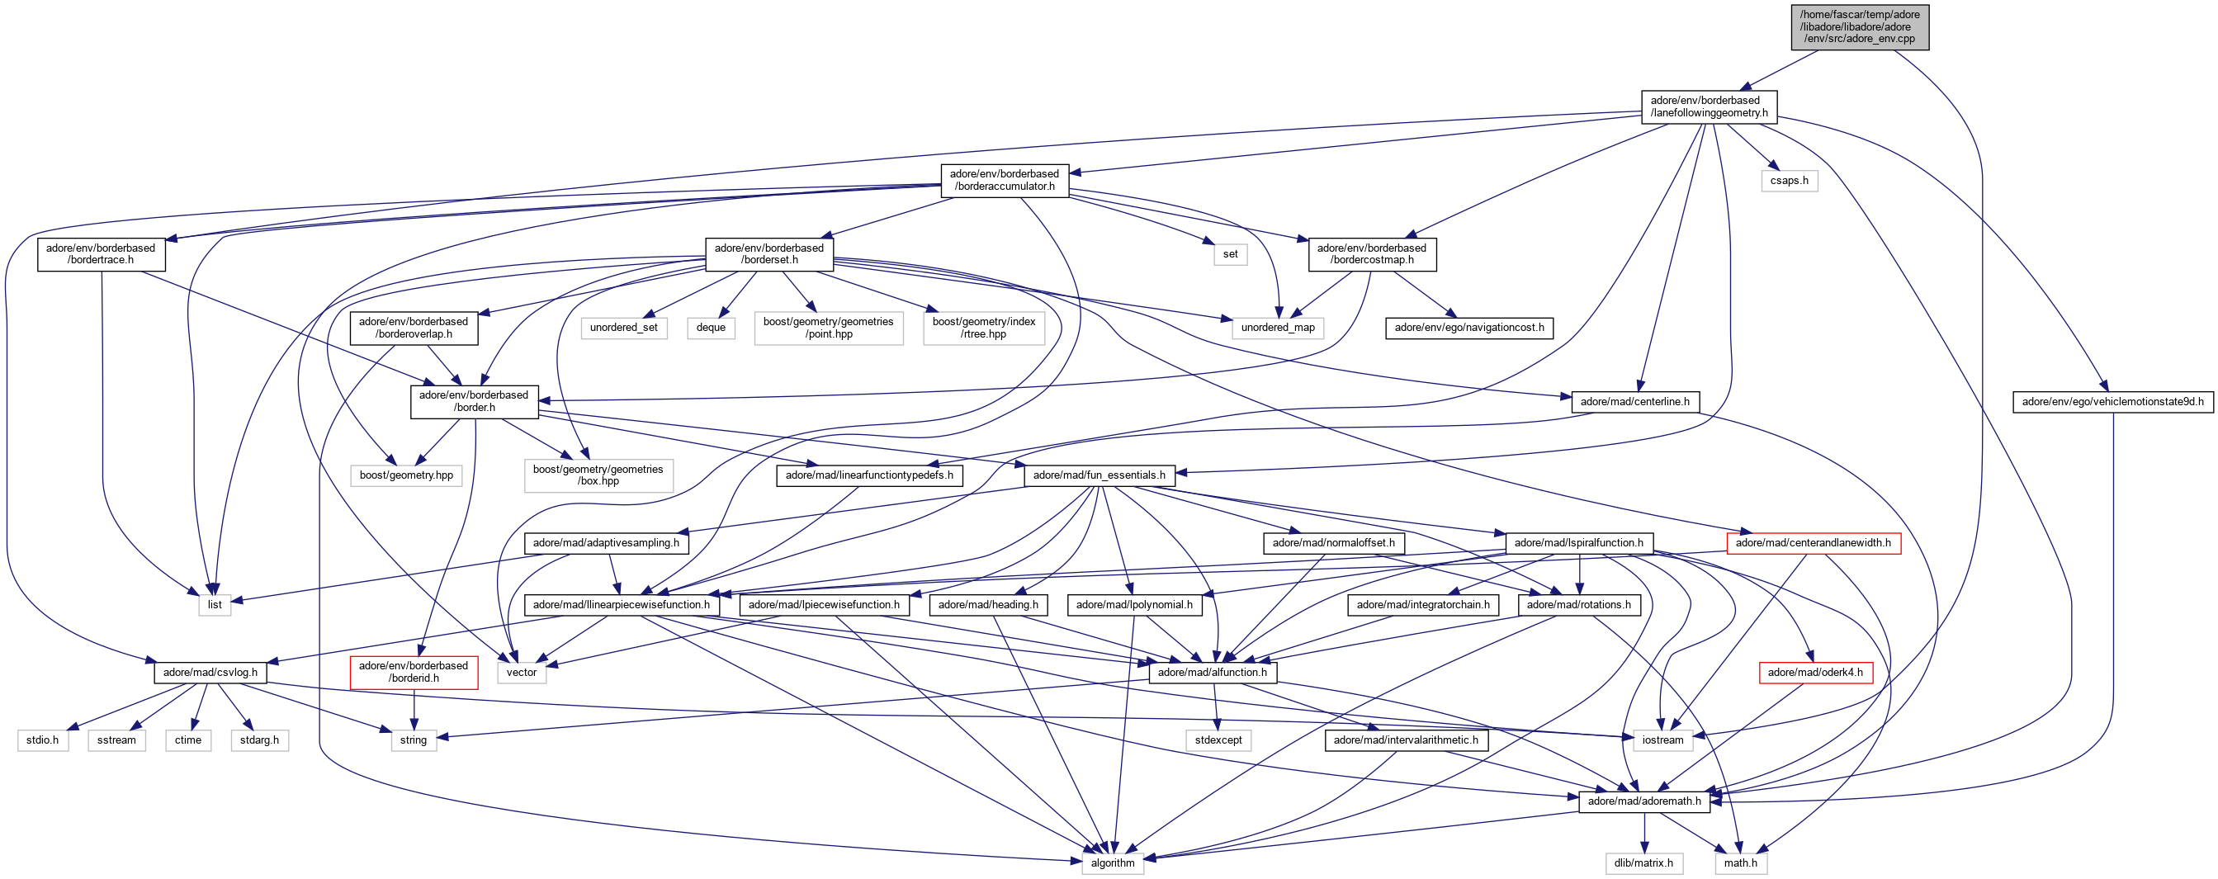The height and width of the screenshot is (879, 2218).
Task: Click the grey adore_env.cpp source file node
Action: pyautogui.click(x=1859, y=26)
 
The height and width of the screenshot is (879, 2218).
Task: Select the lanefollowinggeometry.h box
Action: pyautogui.click(x=1708, y=106)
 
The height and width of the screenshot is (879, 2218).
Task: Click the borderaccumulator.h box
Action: pyautogui.click(x=1004, y=180)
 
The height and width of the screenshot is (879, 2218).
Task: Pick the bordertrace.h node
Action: pyautogui.click(x=101, y=254)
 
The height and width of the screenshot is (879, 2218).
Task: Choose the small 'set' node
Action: pyautogui.click(x=1230, y=254)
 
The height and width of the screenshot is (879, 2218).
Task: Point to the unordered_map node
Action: pyautogui.click(x=1277, y=327)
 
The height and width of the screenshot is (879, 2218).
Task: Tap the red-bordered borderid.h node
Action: pyautogui.click(x=414, y=672)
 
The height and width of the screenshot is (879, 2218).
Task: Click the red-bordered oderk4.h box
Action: pyautogui.click(x=1814, y=673)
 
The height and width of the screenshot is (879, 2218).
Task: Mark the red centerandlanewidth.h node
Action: pyautogui.click(x=1813, y=542)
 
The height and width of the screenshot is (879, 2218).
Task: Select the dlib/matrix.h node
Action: pyautogui.click(x=1643, y=862)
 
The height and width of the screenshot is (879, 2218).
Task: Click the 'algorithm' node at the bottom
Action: pyautogui.click(x=1113, y=862)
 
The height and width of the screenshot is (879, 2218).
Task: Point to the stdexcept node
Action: pyautogui.click(x=1218, y=740)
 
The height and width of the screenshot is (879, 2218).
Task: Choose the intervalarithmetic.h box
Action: pyautogui.click(x=1405, y=740)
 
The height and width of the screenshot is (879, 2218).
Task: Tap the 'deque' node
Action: pyautogui.click(x=711, y=327)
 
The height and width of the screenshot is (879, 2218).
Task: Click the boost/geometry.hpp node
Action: pyautogui.click(x=405, y=475)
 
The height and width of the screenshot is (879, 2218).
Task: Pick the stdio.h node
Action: pyautogui.click(x=42, y=740)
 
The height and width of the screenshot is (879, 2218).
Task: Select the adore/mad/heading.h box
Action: pyautogui.click(x=987, y=604)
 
